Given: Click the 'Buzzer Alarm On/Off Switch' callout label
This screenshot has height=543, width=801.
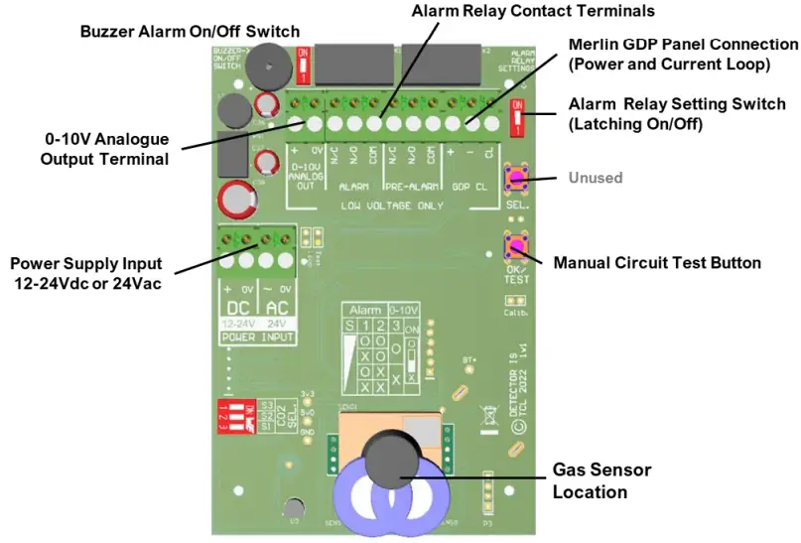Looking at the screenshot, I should (189, 32).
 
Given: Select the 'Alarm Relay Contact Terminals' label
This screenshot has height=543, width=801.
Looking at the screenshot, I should (533, 11).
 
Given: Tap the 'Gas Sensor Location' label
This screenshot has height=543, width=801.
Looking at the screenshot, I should (601, 480).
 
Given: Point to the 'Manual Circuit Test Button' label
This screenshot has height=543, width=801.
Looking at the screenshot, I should (656, 263).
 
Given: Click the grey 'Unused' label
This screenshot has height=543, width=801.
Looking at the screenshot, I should (596, 178).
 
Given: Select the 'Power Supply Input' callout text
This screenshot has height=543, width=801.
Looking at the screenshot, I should (85, 275).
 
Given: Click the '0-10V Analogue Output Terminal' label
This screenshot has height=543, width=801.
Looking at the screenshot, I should (104, 149).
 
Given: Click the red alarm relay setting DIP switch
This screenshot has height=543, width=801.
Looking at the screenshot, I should (516, 117).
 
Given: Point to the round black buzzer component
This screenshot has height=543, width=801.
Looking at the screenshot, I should (263, 67).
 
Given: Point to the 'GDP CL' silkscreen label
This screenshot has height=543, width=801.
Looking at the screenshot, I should (469, 186).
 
